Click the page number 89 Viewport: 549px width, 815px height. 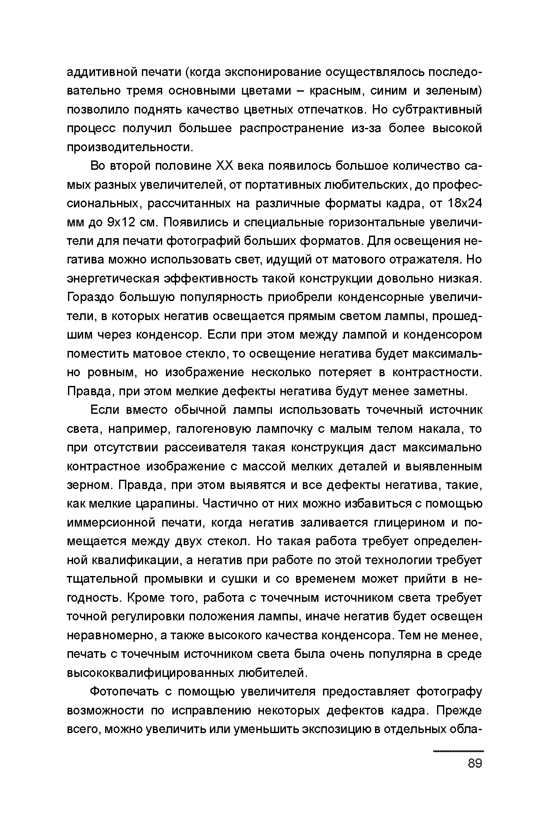475,763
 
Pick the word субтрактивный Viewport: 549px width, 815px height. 438,110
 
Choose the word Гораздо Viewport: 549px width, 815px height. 90,297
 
